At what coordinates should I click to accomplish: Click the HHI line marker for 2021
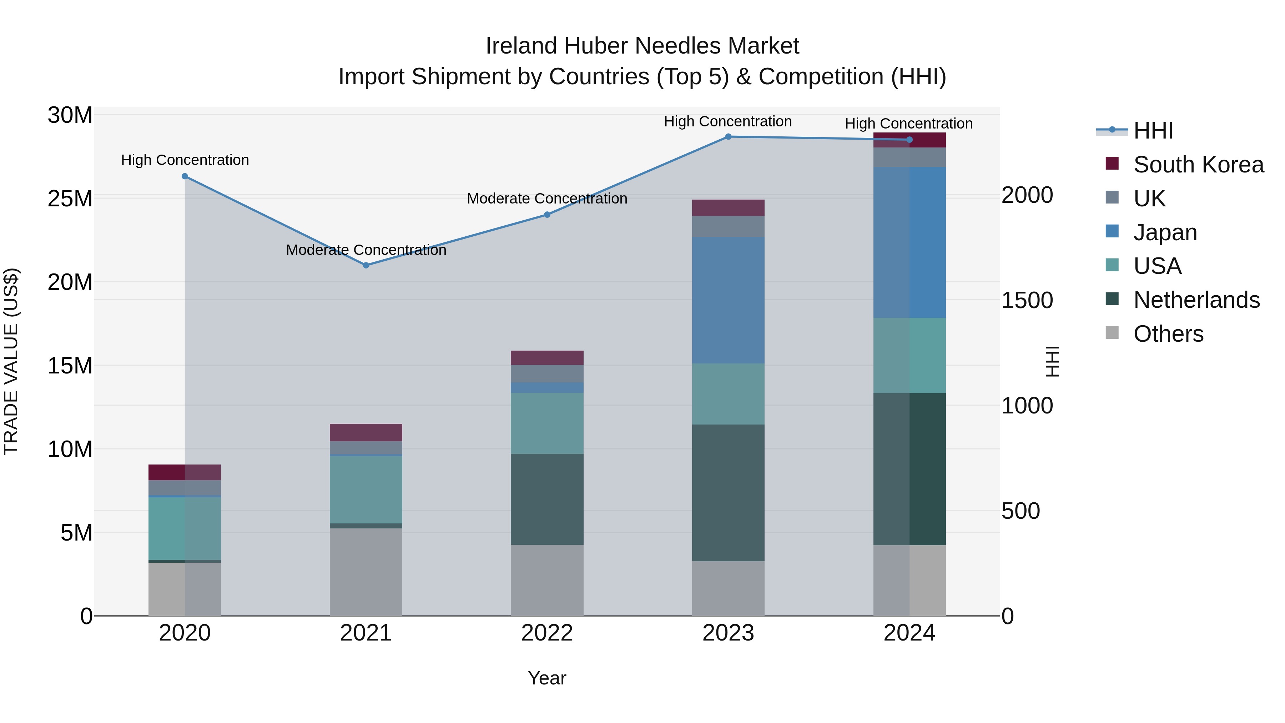click(366, 265)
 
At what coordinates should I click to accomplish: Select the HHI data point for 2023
click(728, 137)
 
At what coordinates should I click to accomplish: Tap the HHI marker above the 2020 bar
click(185, 176)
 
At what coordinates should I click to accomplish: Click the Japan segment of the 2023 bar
click(728, 300)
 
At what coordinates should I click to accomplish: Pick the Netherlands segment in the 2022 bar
click(547, 499)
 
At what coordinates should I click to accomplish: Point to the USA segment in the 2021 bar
click(366, 489)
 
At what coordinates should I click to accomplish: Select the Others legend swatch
click(1112, 333)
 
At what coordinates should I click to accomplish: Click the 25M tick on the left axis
click(70, 199)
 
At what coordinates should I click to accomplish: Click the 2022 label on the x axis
click(547, 633)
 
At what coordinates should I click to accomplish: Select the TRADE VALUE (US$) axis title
click(11, 361)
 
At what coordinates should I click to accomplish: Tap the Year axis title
click(547, 678)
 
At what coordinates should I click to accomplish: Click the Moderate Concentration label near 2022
click(547, 199)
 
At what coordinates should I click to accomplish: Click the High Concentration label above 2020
click(185, 160)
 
